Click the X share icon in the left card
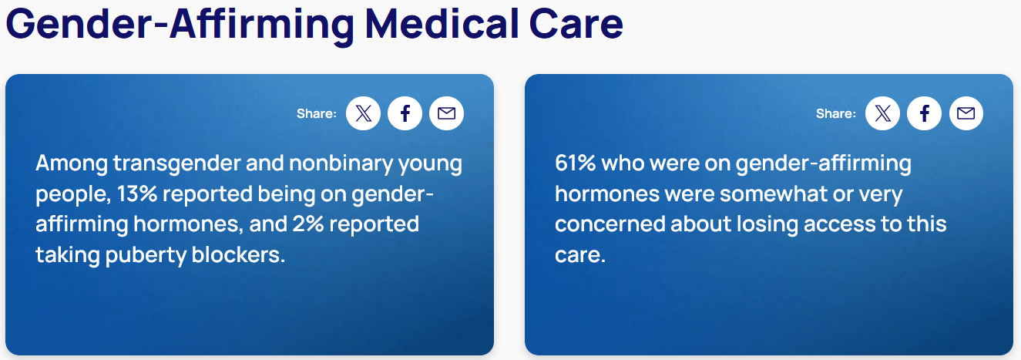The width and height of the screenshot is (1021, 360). click(x=364, y=114)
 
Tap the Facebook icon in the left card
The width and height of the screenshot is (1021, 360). click(x=405, y=114)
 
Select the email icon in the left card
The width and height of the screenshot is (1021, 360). click(x=447, y=114)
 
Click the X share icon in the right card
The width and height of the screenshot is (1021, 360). click(x=883, y=114)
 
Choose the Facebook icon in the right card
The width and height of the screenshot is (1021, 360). click(x=925, y=114)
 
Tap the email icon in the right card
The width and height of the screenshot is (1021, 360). click(x=966, y=114)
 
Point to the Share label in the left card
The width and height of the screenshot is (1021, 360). click(x=317, y=114)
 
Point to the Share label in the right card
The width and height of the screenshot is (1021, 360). click(x=836, y=114)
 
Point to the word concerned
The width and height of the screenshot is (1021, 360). click(x=609, y=224)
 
